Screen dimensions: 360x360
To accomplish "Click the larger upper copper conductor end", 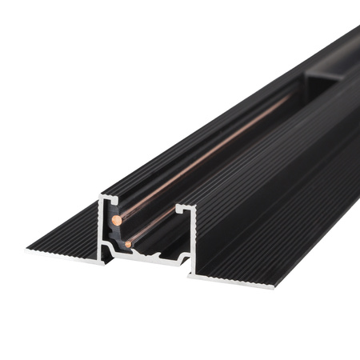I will click(117, 218).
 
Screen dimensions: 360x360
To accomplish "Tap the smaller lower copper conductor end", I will click(129, 243).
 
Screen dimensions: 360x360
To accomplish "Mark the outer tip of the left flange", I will click(28, 249).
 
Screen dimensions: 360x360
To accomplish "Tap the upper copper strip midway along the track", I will click(208, 152).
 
